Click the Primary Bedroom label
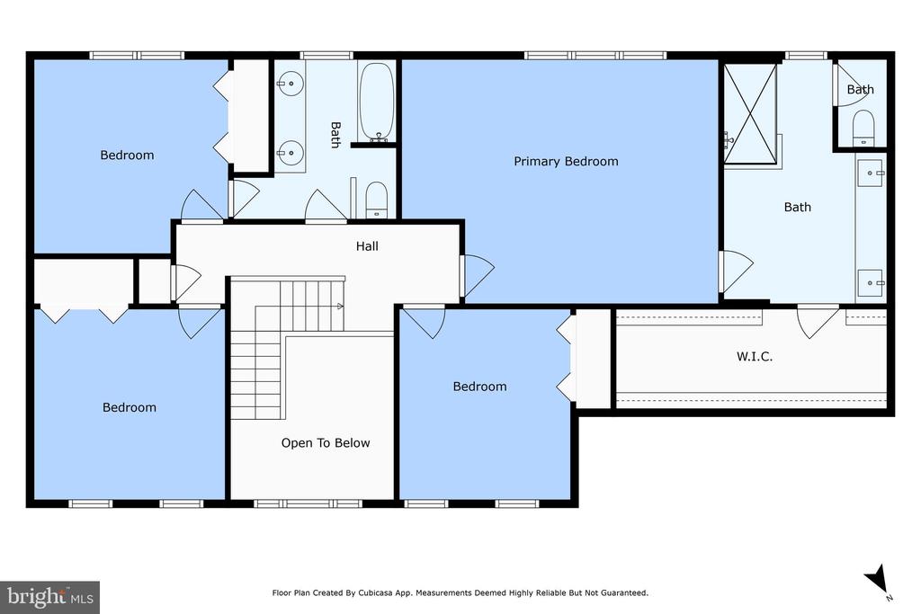566,162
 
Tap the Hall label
367,246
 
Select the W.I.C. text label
755,356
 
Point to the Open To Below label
326,442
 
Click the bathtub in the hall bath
376,102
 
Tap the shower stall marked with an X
750,114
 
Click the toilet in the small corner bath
863,128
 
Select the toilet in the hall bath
377,200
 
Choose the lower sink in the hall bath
290,153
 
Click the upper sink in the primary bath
871,174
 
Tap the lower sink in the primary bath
871,283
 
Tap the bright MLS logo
50,598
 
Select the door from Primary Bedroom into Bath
736,271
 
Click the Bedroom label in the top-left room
127,155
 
